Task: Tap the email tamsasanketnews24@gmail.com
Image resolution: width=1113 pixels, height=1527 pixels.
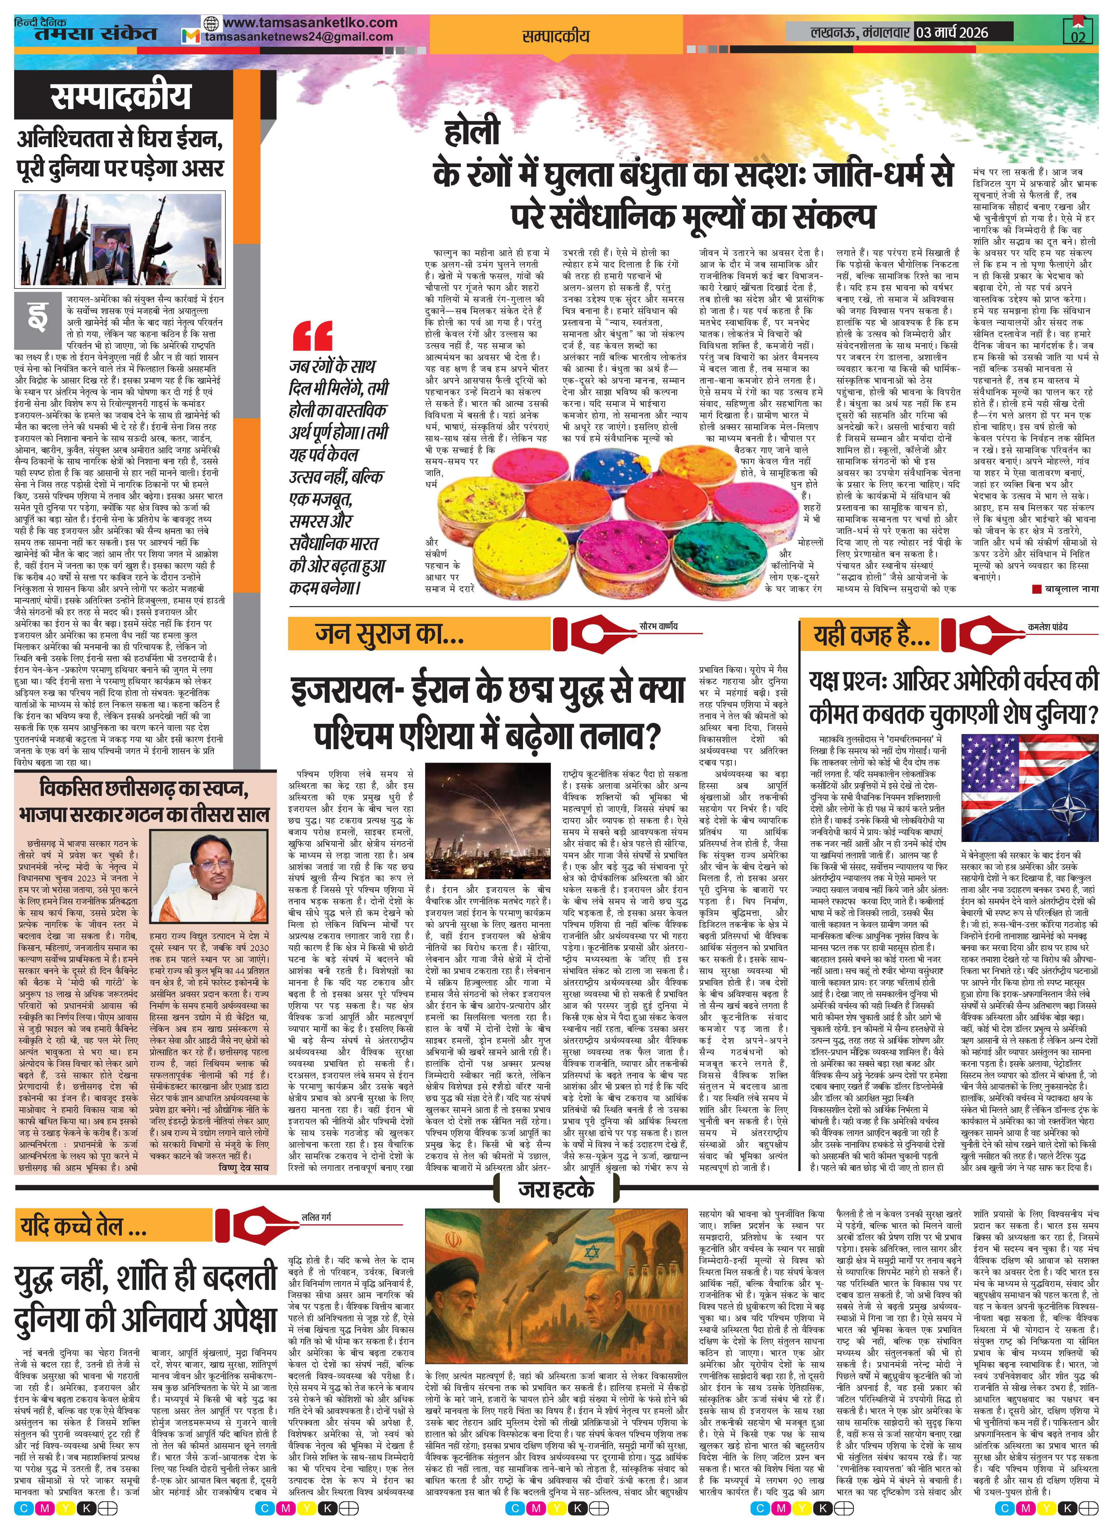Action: pos(299,37)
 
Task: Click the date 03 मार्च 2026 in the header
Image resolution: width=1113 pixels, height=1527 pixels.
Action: pos(951,32)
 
